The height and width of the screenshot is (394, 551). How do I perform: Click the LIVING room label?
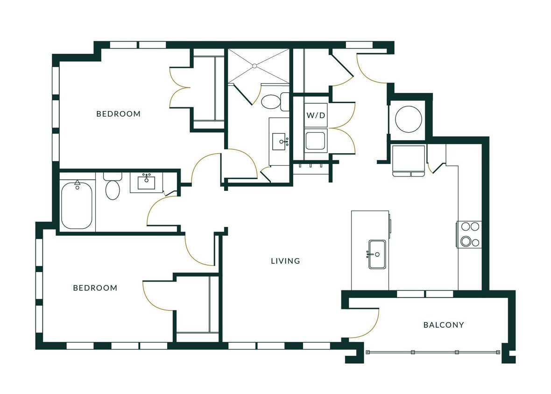(285, 261)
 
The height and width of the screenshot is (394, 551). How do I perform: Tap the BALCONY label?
(443, 325)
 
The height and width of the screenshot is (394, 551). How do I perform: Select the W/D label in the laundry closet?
(316, 115)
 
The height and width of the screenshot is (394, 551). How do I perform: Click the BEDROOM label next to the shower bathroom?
(118, 114)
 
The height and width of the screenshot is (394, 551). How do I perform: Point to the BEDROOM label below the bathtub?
(95, 288)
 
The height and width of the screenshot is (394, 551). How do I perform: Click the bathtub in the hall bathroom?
(77, 205)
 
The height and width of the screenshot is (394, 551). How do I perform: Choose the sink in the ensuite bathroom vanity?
(279, 140)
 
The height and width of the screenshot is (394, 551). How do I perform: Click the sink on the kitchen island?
(377, 254)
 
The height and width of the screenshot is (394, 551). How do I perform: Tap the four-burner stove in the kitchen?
(469, 234)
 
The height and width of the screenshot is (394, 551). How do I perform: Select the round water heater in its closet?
(408, 120)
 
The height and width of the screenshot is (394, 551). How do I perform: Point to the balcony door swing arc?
(369, 324)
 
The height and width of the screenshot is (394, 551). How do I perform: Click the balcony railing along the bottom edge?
(434, 352)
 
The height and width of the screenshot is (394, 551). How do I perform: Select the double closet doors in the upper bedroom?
(180, 87)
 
